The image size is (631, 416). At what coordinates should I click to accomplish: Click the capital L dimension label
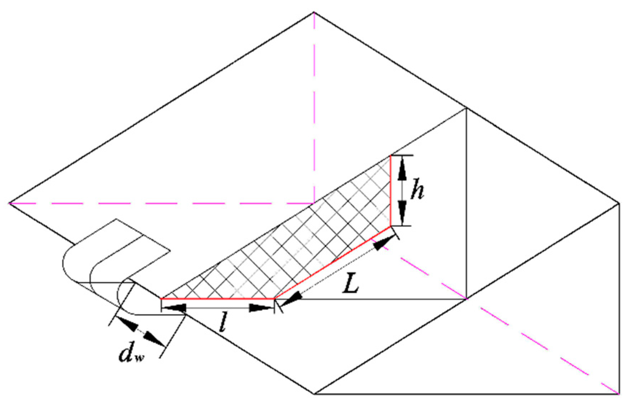tap(350, 285)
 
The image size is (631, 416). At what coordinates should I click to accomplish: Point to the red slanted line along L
tap(333, 262)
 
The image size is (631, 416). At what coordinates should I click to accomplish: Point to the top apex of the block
tap(314, 13)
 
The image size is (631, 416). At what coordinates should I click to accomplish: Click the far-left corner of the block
tap(9, 203)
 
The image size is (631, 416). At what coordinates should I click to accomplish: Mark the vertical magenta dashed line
tap(314, 107)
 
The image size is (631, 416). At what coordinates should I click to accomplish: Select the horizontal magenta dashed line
tap(161, 204)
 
